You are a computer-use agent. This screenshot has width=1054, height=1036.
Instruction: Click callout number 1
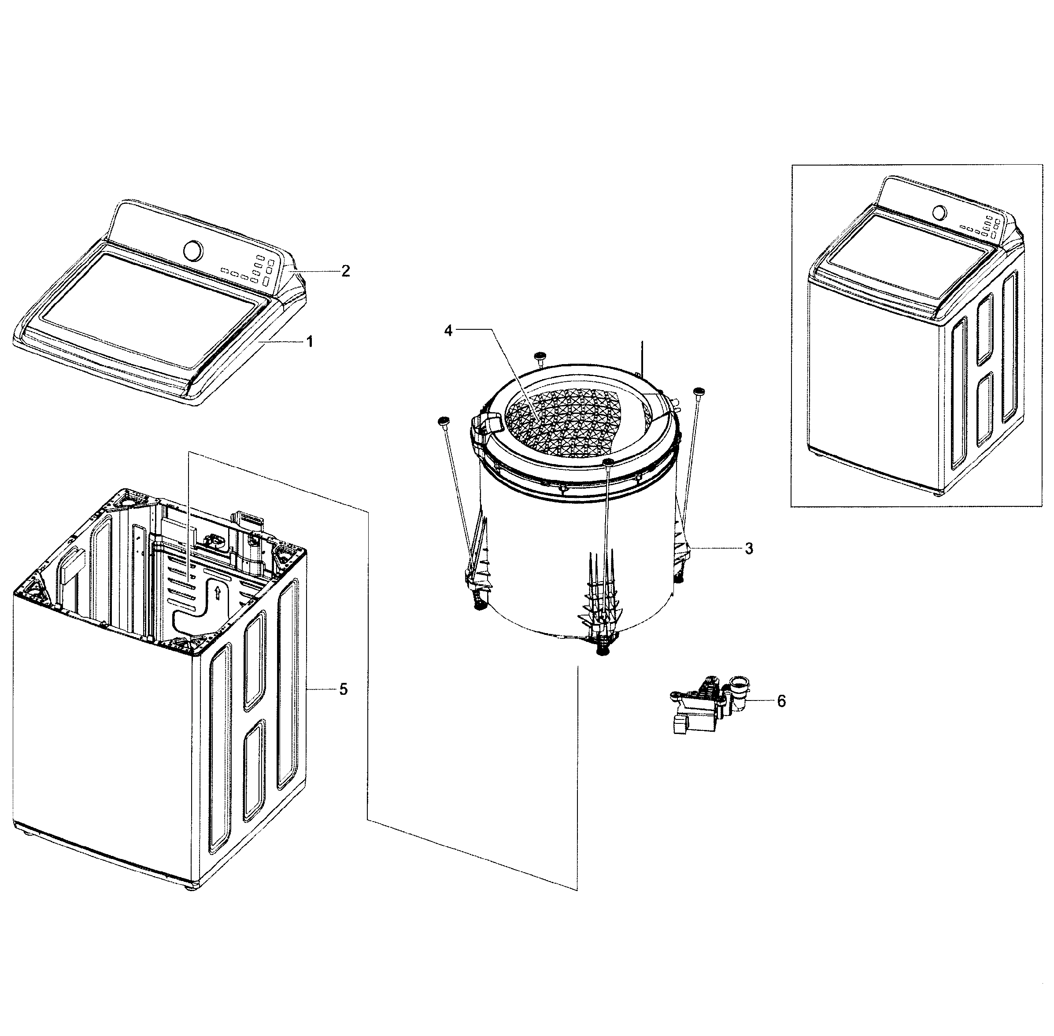[309, 342]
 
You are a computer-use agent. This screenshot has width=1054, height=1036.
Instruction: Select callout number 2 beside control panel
[345, 271]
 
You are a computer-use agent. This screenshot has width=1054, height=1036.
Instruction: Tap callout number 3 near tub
[749, 549]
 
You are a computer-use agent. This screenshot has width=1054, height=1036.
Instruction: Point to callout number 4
[448, 330]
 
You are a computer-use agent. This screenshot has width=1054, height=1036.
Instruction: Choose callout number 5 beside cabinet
[343, 689]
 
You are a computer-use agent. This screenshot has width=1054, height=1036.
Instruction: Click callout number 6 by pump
[781, 701]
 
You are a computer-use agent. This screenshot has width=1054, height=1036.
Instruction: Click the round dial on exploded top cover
[193, 250]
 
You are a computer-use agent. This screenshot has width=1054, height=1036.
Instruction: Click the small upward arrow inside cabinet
[218, 592]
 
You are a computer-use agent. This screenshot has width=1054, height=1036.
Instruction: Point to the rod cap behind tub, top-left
[540, 356]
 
